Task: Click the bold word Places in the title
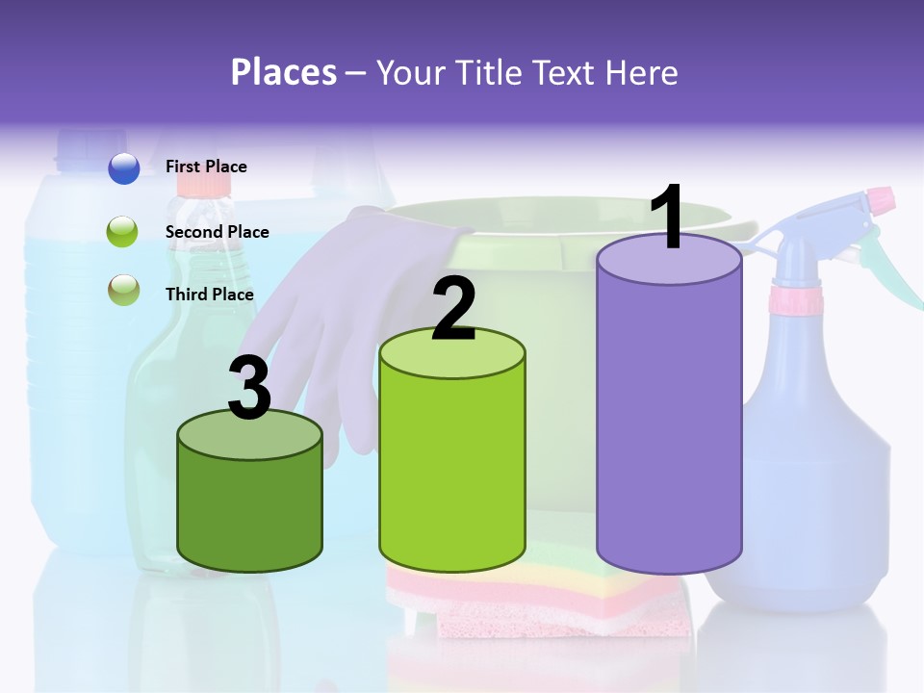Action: coord(283,72)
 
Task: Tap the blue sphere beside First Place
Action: coord(124,168)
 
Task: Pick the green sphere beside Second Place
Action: coord(124,232)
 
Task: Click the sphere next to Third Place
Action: coord(124,290)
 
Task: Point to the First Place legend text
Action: coord(206,167)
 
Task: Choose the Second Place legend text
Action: coord(217,232)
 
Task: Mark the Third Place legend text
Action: coord(209,295)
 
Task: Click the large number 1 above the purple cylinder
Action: coord(668,218)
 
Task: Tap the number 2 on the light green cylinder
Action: coord(453,308)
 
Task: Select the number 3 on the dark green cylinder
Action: coord(250,389)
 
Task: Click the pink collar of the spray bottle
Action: coord(795,299)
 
